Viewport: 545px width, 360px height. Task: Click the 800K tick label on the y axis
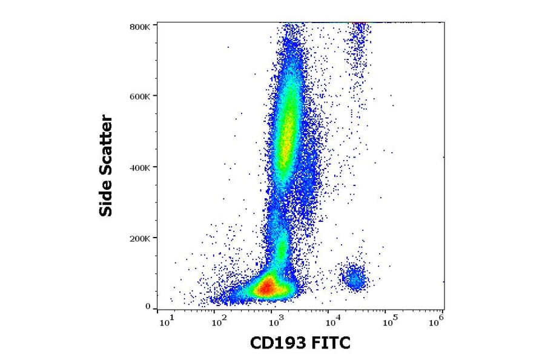tap(141, 26)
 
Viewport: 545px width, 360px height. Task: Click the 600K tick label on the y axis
tap(141, 95)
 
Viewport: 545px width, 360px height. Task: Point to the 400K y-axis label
tap(141, 167)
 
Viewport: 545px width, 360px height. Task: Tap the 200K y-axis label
tap(141, 238)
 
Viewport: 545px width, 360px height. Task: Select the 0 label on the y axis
tap(147, 307)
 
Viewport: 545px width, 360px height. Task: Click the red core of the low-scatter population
tap(267, 287)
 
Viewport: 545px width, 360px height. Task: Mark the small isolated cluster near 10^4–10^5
tap(353, 278)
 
